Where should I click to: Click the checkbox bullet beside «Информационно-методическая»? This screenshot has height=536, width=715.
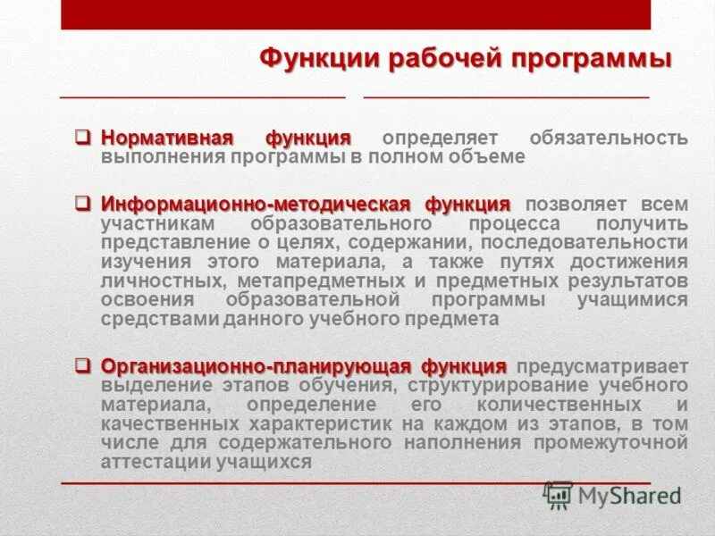tap(82, 205)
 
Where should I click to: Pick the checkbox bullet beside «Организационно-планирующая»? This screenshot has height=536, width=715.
tap(82, 366)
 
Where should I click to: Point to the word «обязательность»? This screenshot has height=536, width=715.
tap(609, 138)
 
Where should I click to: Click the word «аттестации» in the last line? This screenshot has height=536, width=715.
tap(155, 462)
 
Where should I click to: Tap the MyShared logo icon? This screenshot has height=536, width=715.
tap(559, 493)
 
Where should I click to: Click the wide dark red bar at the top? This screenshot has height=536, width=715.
tap(356, 14)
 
